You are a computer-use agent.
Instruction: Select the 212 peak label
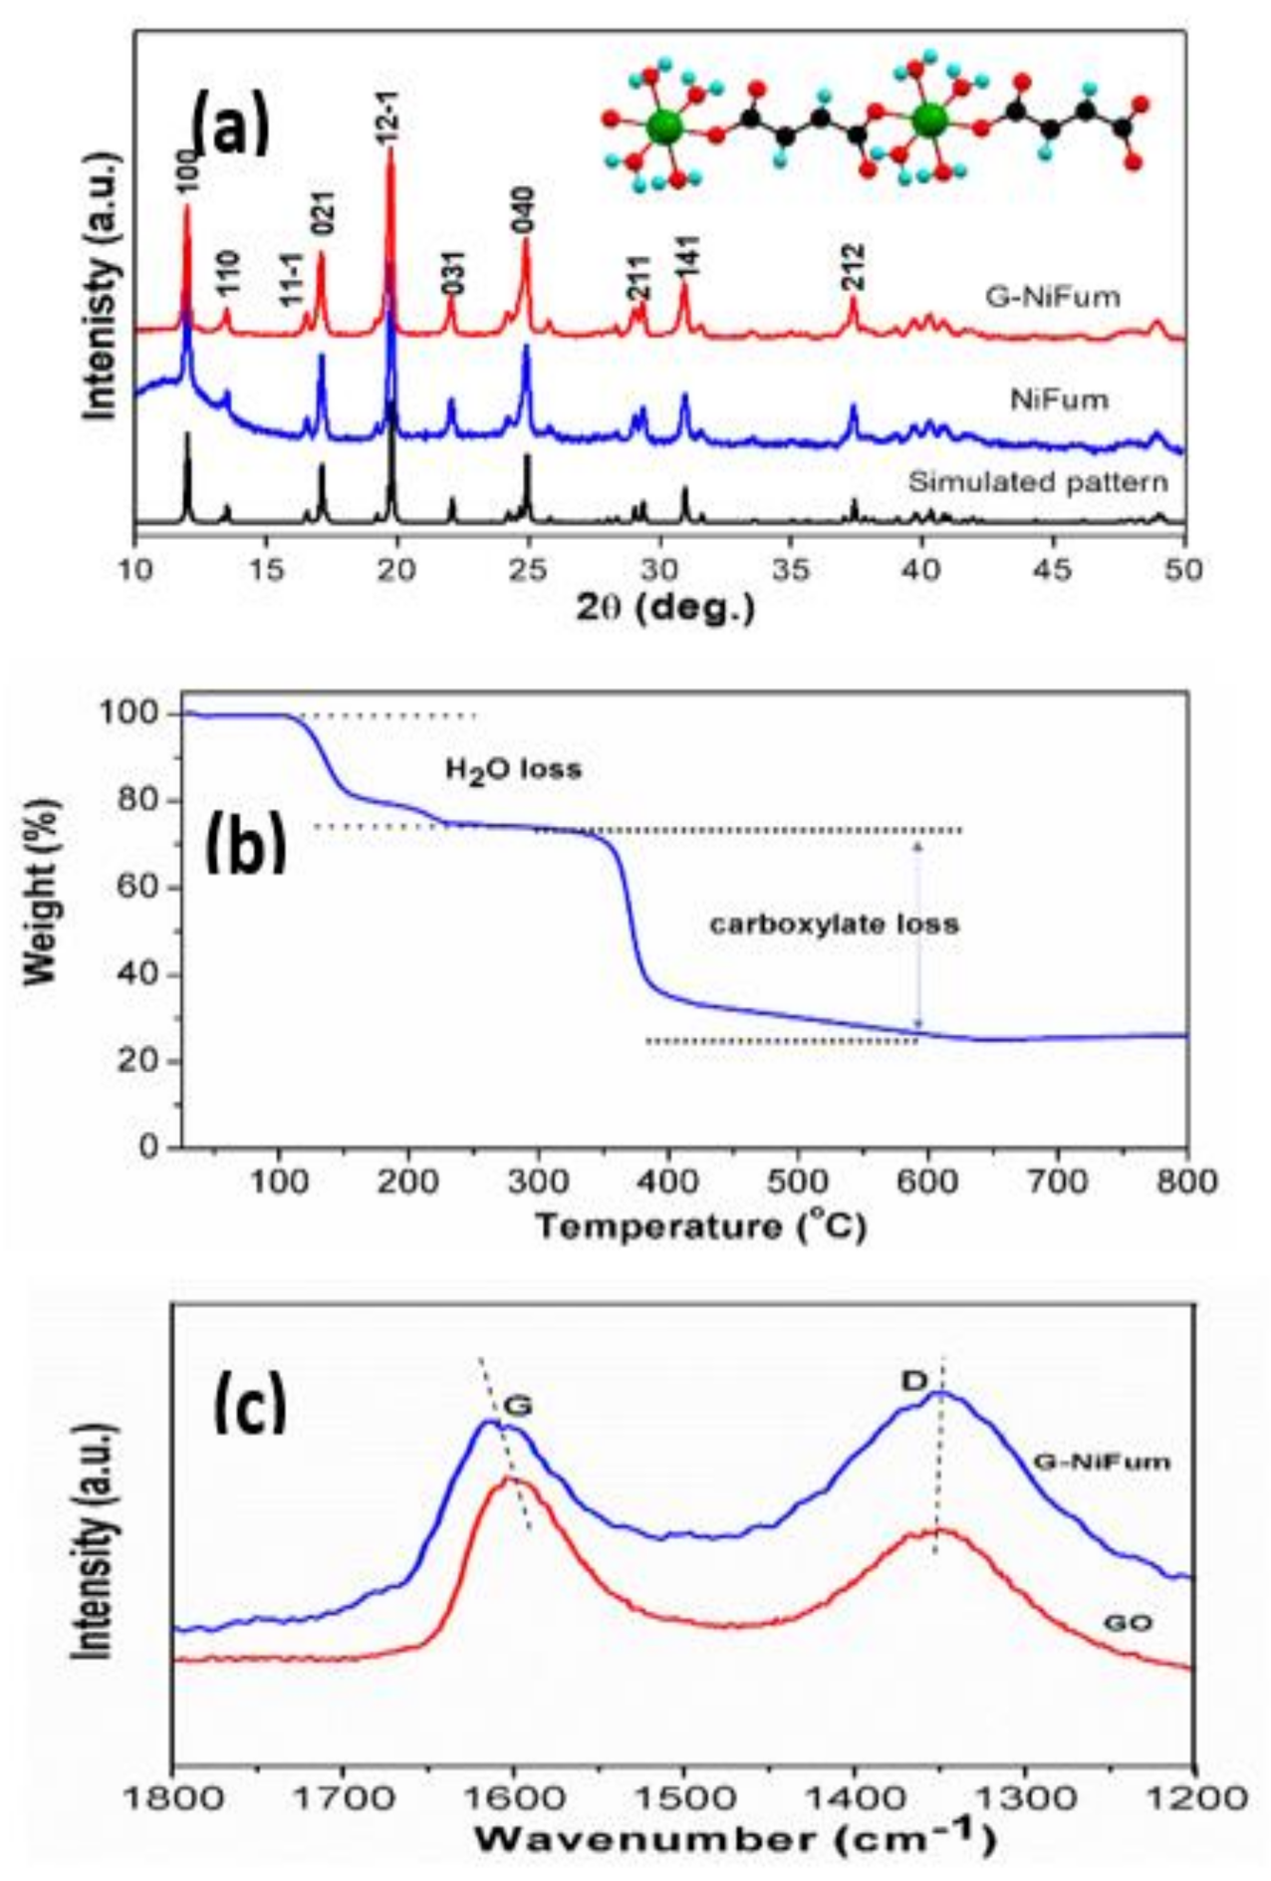click(x=853, y=266)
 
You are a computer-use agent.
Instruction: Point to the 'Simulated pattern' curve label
click(x=1037, y=482)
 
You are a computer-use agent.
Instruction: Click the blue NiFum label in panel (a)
click(x=1059, y=401)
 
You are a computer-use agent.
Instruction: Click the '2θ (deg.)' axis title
click(x=664, y=607)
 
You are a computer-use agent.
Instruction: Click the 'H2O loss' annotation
click(x=513, y=770)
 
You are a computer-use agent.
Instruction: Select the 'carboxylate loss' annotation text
click(x=834, y=925)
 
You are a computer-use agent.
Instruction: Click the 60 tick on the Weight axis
click(x=140, y=888)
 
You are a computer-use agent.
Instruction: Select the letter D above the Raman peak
click(x=913, y=1381)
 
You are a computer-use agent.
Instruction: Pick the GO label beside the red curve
click(x=1128, y=1624)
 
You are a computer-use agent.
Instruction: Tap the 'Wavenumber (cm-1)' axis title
click(x=734, y=1838)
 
